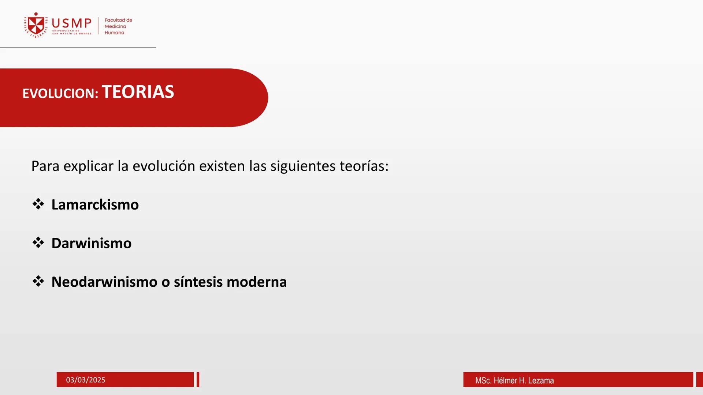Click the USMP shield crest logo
point(36,25)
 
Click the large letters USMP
point(72,23)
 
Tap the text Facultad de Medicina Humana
point(118,26)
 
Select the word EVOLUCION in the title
point(60,93)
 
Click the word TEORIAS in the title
point(138,92)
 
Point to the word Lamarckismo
point(95,204)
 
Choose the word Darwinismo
point(91,243)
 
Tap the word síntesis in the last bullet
point(198,282)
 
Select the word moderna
point(257,282)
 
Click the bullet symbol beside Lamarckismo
point(38,204)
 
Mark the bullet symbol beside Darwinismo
point(38,242)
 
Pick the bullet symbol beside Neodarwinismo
point(38,281)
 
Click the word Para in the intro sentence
point(45,166)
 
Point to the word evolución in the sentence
point(164,166)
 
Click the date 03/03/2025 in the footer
point(86,380)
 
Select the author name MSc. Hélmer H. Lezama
point(514,380)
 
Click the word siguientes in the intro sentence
point(303,166)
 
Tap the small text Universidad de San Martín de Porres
point(71,32)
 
